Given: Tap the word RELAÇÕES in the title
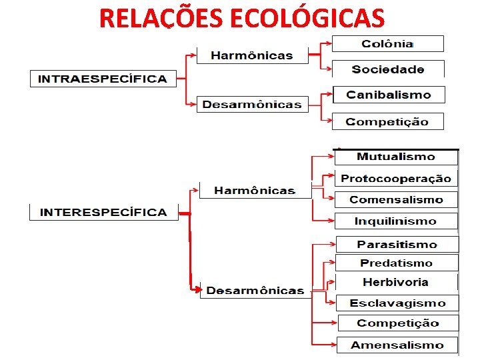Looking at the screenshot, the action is point(162,18).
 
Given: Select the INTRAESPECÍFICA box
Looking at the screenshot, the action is point(103,79).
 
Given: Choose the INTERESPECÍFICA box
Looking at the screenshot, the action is point(103,212).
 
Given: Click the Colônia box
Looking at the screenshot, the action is point(387,44).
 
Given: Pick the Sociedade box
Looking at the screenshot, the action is point(388,69).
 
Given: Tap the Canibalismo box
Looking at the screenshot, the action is point(388,95).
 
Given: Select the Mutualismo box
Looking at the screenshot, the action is point(396,157).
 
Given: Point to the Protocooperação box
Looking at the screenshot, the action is point(396,179).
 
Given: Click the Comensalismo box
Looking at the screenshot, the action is point(396,199).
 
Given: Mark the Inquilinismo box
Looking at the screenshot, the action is point(396,221).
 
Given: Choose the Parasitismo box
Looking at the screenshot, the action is point(397,245).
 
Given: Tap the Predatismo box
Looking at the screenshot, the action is point(397,263).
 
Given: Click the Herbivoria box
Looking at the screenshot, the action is point(396,282).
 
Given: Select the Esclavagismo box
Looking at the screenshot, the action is point(397,303).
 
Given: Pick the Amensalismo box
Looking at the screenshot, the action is point(397,345).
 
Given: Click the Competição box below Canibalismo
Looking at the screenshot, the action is point(388,121).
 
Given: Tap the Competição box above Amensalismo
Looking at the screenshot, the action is point(398,323).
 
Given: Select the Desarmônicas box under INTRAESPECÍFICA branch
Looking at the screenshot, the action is point(252,105).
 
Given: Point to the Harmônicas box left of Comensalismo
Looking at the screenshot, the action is point(255,191).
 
